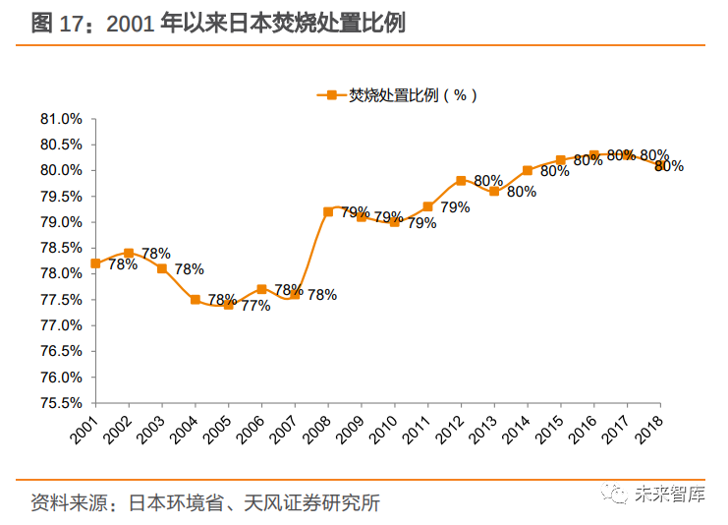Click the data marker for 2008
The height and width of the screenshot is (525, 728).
point(328,211)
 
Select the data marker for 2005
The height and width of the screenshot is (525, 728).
point(228,305)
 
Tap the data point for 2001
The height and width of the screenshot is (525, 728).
point(95,263)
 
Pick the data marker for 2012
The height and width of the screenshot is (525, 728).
point(461,181)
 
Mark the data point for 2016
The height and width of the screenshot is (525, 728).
point(593,155)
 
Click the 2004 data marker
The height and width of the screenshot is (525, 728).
point(195,300)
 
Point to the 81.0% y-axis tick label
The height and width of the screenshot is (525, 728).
point(60,119)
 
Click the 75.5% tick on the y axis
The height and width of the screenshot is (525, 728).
point(60,403)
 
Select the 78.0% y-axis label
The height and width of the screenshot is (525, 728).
point(60,274)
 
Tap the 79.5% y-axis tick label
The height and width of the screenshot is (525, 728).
point(60,197)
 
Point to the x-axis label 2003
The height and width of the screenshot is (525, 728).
point(155,425)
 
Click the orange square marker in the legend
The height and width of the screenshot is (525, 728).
point(332,95)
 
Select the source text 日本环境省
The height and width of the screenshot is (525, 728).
point(172,502)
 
